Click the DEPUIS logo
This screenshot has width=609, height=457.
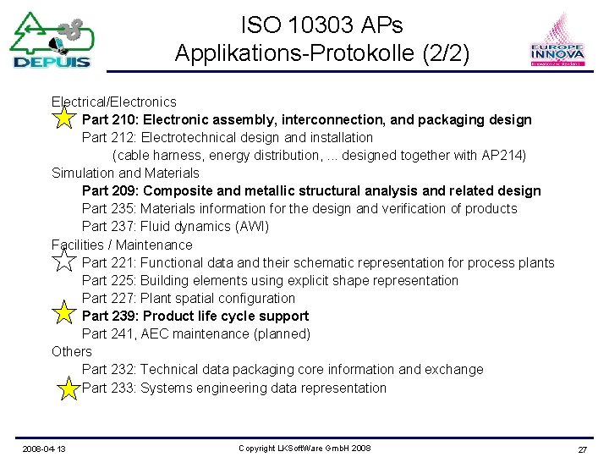[x=52, y=40]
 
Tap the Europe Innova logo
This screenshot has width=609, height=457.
[x=557, y=41]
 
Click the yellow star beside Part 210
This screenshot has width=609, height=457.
[x=63, y=118]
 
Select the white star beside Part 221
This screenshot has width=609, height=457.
[x=63, y=259]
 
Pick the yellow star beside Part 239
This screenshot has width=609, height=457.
[x=63, y=313]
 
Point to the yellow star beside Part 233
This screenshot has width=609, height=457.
[x=69, y=388]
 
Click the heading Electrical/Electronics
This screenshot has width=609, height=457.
[x=114, y=102]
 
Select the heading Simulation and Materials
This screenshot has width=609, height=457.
[x=125, y=173]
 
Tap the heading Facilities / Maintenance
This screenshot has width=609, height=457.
[x=122, y=245]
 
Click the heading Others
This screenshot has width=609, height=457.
[x=72, y=351]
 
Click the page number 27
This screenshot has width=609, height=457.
[x=582, y=449]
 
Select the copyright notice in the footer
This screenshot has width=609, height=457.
[x=304, y=448]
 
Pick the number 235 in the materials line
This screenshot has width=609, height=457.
[x=123, y=208]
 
